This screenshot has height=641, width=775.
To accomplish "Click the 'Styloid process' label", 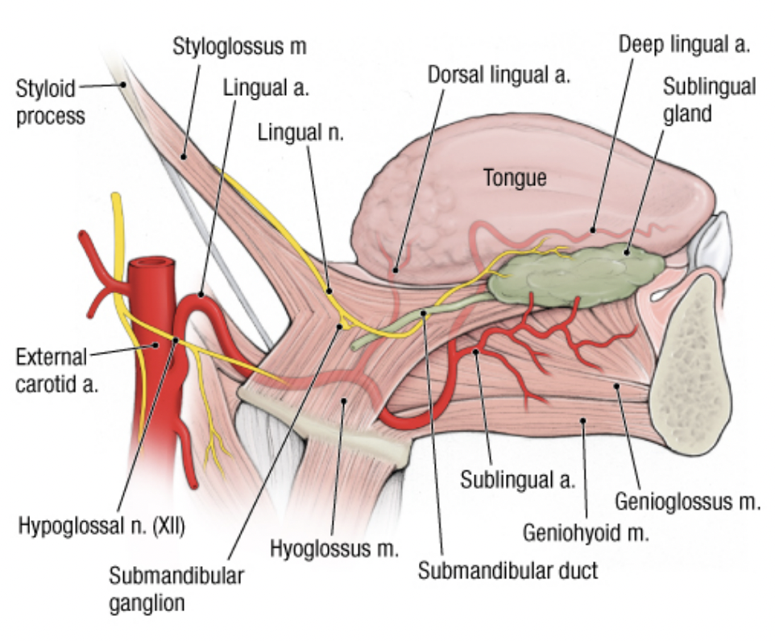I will (50, 101).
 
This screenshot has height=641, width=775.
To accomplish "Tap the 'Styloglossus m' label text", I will (239, 46).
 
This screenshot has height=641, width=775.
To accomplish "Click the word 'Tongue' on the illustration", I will (514, 178).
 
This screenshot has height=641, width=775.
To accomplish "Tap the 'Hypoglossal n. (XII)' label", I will (102, 528).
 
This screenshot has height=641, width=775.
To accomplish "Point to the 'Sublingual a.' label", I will (517, 481).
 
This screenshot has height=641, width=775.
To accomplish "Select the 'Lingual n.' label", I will (300, 133).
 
